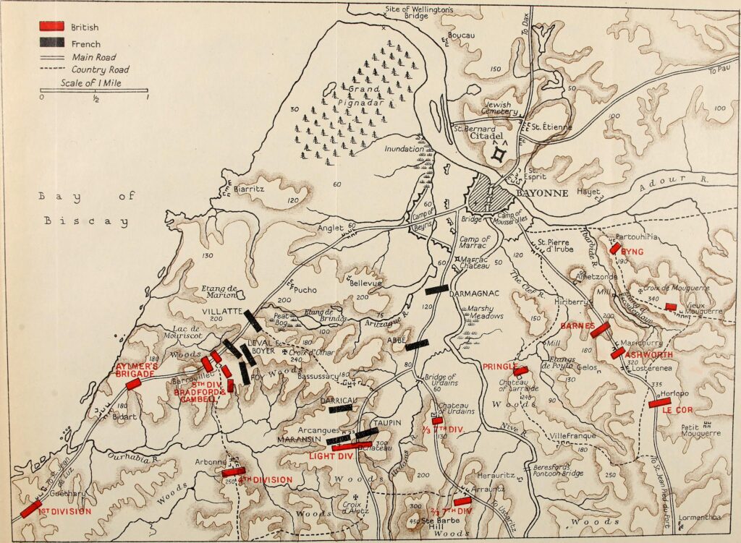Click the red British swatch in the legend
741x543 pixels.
pos(52,27)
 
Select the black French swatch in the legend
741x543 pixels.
pos(52,43)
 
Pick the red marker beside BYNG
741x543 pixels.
pos(615,248)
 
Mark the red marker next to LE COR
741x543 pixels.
pos(659,402)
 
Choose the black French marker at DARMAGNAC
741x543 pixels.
pos(436,289)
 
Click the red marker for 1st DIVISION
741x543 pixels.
pos(30,509)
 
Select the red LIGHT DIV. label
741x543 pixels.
pos(332,456)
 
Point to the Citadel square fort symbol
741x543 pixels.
pos(499,154)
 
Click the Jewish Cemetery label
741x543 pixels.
pos(501,108)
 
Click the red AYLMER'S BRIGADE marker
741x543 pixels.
pos(133,383)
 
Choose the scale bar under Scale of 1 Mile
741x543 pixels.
pos(94,90)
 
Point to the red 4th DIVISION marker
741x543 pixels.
pos(234,472)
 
